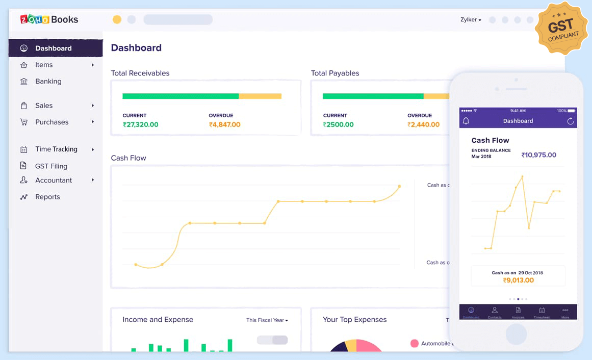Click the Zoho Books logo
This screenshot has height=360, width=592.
tap(49, 19)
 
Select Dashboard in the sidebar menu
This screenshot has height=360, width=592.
tap(53, 48)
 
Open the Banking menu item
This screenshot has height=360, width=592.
tap(48, 81)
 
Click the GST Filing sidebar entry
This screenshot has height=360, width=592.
tap(51, 166)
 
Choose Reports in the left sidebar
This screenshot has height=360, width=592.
tap(47, 197)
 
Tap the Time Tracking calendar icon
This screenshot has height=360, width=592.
tap(24, 149)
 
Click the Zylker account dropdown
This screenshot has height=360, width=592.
tap(471, 20)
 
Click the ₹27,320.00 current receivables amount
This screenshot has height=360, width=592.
tap(140, 124)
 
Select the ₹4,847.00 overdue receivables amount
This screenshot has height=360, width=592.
tap(224, 124)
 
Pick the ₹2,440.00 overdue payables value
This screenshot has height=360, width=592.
tap(423, 124)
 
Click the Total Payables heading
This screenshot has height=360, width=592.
tap(335, 73)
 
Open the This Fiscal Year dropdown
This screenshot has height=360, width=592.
tap(267, 320)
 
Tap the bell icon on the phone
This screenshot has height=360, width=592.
tap(466, 121)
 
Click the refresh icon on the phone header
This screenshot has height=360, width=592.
tap(571, 121)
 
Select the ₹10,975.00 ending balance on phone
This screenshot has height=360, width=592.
tap(538, 155)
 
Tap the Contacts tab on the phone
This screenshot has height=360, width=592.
tap(494, 312)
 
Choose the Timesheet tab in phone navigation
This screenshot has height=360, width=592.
tap(542, 312)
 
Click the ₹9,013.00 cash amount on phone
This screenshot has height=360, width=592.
tap(518, 280)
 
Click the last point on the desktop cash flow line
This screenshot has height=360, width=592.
tap(399, 186)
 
